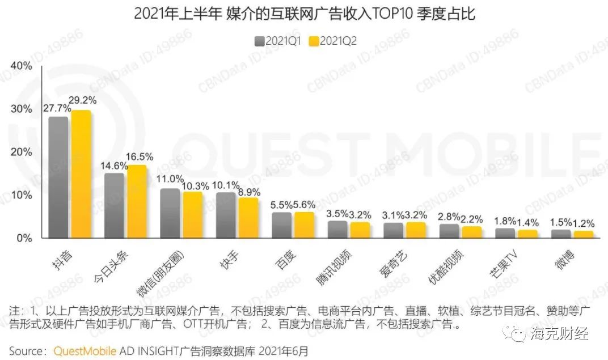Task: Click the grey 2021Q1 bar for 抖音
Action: pos(58,177)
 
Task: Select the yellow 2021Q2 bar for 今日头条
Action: pos(137,202)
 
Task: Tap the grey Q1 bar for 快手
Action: pos(226,215)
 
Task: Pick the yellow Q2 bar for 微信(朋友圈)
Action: pos(192,215)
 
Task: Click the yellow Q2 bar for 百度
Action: pos(304,225)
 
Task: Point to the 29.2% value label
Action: pos(83,100)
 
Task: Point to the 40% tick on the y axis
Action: pos(21,66)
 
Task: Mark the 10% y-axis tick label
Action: pos(21,195)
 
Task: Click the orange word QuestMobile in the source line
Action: pos(85,350)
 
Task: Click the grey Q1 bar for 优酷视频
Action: pos(450,231)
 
